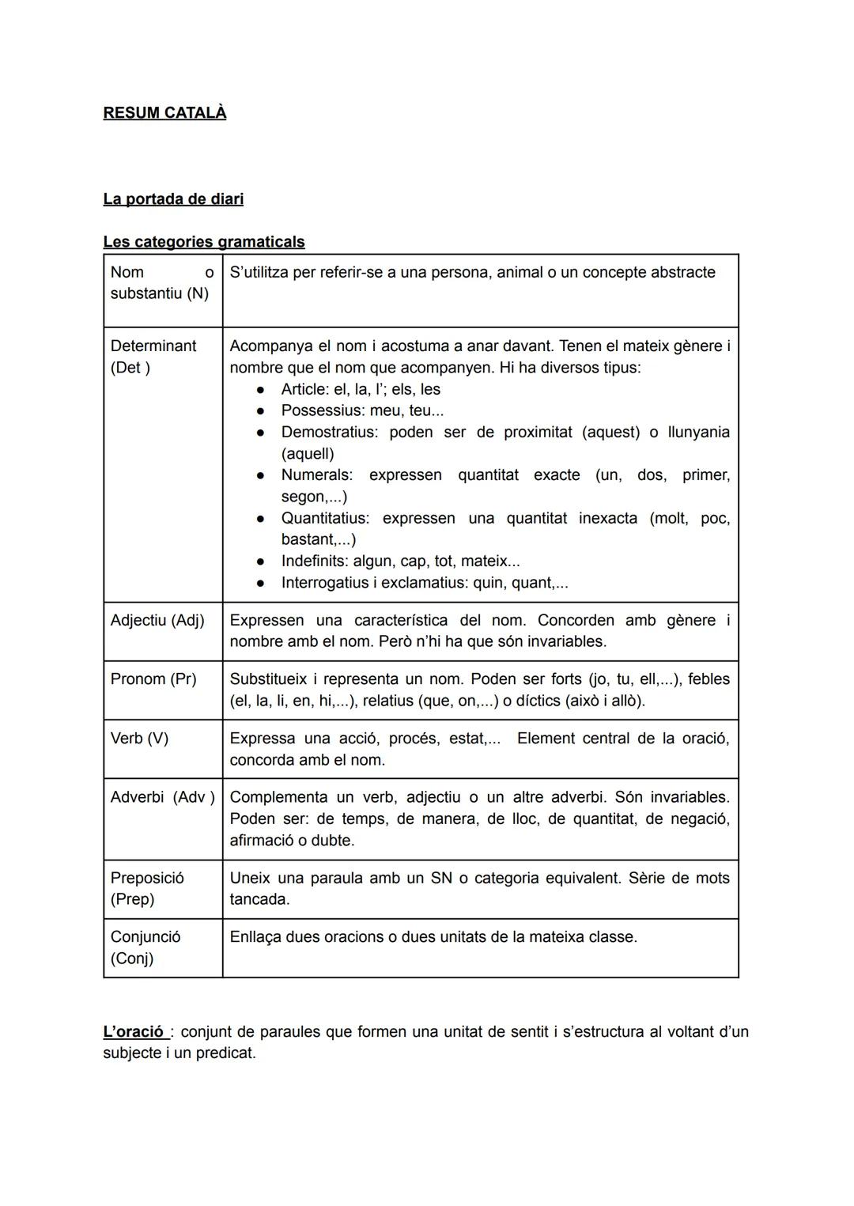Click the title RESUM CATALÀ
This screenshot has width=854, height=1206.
tap(164, 113)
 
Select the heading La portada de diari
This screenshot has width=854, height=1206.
tap(173, 198)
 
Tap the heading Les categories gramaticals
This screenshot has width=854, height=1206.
tap(203, 241)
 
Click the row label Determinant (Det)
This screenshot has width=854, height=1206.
tap(153, 357)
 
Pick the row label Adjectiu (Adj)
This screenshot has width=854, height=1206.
tap(157, 620)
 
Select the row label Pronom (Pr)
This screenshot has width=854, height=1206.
tap(153, 679)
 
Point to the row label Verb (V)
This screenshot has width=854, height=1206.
tap(139, 738)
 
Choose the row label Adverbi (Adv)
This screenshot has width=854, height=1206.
tap(162, 796)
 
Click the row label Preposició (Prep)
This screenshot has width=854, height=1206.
tap(147, 888)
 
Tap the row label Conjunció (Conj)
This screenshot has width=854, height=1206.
tap(145, 947)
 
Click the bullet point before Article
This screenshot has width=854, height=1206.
tap(259, 390)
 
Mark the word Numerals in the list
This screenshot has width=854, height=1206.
tap(316, 474)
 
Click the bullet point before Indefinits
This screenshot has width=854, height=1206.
tap(259, 561)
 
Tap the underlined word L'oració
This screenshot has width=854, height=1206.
tap(134, 1031)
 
